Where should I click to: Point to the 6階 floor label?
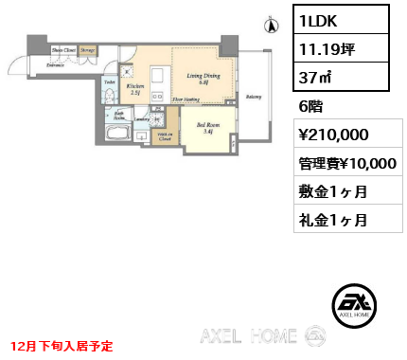pyautogui.click(x=310, y=107)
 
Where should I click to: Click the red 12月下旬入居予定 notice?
pyautogui.click(x=63, y=347)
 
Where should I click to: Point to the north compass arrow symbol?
pyautogui.click(x=269, y=26)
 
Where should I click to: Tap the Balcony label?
pyautogui.click(x=254, y=97)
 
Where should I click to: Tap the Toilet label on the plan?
pyautogui.click(x=109, y=83)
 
